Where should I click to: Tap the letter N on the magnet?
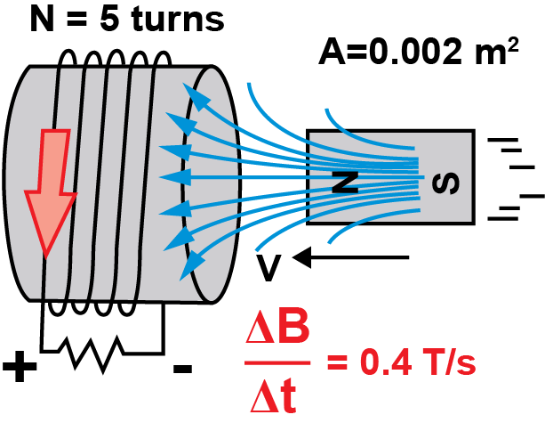click(345, 182)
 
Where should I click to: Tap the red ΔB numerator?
click(278, 334)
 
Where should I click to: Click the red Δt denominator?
click(276, 394)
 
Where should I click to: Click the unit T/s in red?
click(448, 364)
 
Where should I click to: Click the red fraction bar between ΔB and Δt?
click(278, 363)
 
